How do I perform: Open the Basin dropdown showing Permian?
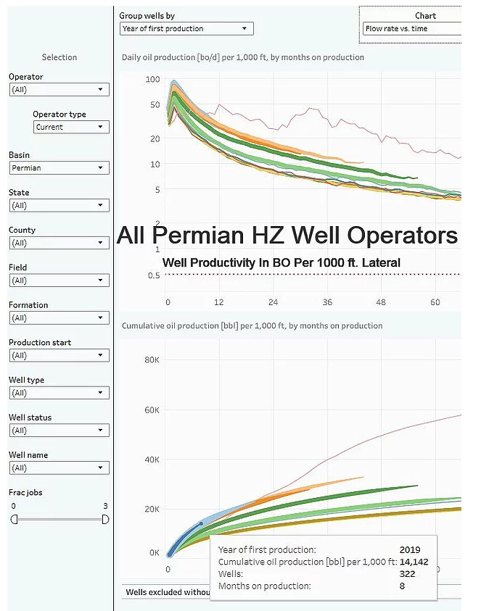tap(59, 167)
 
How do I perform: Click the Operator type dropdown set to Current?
tap(71, 127)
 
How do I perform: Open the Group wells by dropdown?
tap(186, 29)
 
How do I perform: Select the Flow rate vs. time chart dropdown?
tap(411, 29)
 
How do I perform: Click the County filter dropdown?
tap(59, 243)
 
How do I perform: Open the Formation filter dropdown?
tap(59, 317)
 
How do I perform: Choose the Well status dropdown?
tap(59, 431)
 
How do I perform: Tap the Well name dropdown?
tap(59, 468)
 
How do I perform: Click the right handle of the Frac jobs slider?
tap(105, 519)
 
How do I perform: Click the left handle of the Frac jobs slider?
tap(14, 519)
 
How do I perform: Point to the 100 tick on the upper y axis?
tap(152, 78)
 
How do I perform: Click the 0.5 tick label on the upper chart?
tap(153, 275)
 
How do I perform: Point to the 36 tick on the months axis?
tap(328, 302)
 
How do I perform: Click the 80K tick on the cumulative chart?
tap(151, 359)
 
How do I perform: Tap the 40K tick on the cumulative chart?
tap(151, 460)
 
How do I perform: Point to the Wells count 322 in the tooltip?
tap(407, 573)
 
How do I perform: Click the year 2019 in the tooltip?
tap(409, 550)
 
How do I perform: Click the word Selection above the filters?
tap(59, 57)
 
